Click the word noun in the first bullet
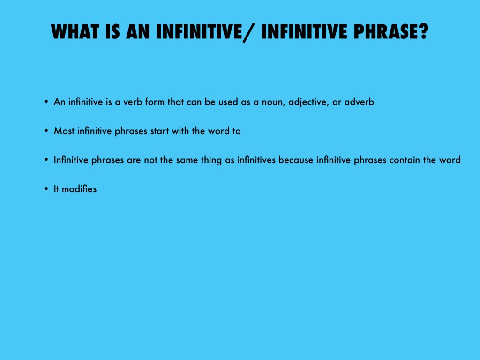click(272, 102)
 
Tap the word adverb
click(359, 102)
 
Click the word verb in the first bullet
click(132, 102)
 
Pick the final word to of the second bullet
click(236, 131)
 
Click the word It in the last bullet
click(56, 189)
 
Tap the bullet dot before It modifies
click(46, 189)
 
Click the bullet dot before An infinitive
click(46, 102)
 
